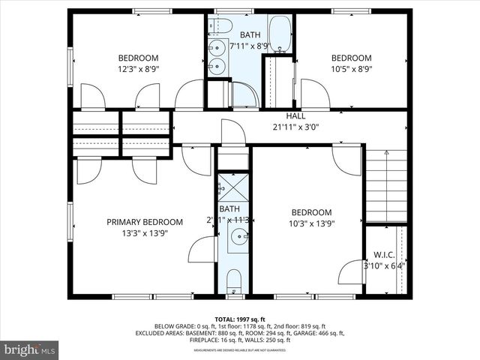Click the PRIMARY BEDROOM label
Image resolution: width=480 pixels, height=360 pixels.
[x=144, y=222]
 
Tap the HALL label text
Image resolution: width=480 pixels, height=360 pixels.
[x=294, y=116]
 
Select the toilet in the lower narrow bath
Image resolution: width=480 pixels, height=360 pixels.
[x=233, y=283]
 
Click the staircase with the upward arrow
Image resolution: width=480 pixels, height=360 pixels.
[x=385, y=184]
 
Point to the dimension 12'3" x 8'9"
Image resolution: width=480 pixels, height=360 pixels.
[x=138, y=69]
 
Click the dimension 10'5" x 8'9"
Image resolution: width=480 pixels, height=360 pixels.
[x=351, y=69]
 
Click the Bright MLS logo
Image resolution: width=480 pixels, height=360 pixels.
[x=30, y=349]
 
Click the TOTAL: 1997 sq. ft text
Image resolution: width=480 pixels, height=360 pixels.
[x=240, y=319]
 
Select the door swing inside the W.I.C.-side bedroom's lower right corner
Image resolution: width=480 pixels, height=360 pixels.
[x=351, y=271]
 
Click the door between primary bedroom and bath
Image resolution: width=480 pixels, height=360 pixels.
[x=202, y=249]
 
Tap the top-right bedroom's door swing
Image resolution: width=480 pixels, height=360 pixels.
[x=314, y=94]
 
